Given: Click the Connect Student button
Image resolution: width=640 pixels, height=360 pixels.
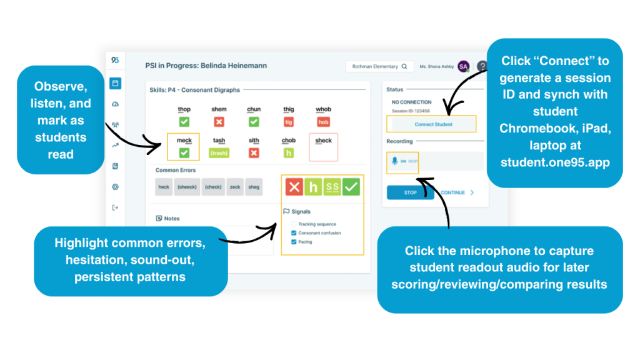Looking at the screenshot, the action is [433, 124].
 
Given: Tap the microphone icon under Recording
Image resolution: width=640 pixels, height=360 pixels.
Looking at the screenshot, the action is [394, 161].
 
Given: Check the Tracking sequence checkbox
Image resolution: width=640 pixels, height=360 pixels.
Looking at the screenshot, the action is [294, 224].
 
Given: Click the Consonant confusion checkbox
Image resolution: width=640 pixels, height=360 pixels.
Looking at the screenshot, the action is [294, 233].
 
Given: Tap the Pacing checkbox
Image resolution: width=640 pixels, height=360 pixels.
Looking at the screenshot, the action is [294, 242].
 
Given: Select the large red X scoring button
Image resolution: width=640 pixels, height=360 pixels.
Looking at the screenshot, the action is [294, 186].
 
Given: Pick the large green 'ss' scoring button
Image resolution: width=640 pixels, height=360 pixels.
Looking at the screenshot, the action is [332, 186].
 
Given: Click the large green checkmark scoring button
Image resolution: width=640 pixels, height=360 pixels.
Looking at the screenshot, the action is [351, 186].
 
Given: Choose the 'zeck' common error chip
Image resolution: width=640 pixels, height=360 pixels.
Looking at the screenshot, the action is [235, 187].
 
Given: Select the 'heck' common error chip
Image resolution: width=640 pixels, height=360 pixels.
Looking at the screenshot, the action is [164, 187].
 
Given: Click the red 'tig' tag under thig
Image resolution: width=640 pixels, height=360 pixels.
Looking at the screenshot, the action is [289, 122].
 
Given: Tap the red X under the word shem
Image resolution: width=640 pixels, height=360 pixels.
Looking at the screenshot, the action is [219, 122].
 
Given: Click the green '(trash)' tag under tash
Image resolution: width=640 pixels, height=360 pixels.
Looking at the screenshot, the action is [219, 152].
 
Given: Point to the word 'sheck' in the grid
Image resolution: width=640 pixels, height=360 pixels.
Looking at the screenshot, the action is [323, 141].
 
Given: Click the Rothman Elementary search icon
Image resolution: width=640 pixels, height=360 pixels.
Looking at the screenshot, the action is [404, 66].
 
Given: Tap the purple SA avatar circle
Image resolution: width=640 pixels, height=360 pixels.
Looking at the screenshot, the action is [463, 66].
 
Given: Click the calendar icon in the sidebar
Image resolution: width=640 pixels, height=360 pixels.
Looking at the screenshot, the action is [115, 83].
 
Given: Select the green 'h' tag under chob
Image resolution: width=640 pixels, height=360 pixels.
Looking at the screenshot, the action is [289, 152].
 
